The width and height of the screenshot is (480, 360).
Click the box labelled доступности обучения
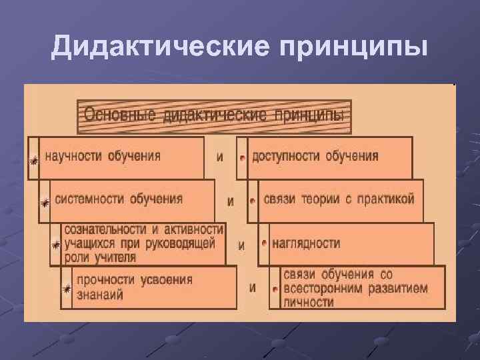click(329, 157)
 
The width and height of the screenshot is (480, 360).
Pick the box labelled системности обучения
click(132, 199)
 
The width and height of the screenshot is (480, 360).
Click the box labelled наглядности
click(351, 243)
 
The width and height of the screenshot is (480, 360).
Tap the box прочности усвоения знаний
click(148, 287)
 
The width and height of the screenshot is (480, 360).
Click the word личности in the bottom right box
click(309, 302)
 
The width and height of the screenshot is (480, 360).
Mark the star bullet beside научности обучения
click(33, 160)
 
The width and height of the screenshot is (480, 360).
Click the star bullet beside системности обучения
click(45, 202)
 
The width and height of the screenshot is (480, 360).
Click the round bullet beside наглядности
click(264, 245)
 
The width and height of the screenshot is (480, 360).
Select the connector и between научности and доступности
click(220, 158)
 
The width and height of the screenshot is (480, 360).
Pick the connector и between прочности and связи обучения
click(253, 288)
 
